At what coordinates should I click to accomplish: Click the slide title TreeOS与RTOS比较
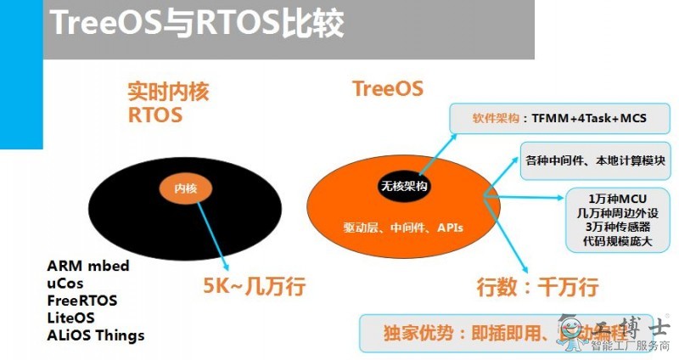[197, 25]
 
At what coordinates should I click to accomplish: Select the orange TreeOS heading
[387, 89]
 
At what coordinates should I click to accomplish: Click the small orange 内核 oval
[185, 188]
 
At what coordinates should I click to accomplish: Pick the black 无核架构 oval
[402, 186]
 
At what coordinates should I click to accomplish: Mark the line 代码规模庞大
[616, 240]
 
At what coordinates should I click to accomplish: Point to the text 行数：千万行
[536, 288]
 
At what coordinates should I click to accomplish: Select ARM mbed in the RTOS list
[88, 267]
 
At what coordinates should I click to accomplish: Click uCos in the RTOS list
[65, 284]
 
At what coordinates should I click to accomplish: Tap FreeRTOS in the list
[82, 301]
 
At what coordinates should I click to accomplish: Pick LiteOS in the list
[70, 318]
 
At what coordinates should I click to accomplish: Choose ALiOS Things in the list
[96, 335]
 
